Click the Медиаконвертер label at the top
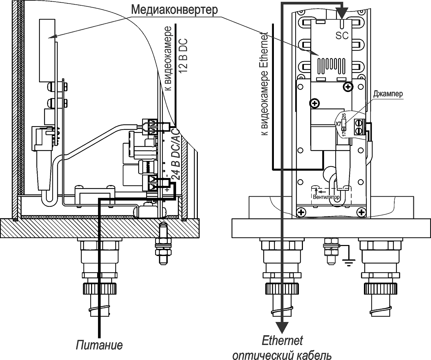(174, 9)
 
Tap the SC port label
(342, 36)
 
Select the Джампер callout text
(388, 94)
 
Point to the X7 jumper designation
(338, 124)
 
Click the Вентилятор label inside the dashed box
(327, 197)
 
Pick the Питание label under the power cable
(99, 345)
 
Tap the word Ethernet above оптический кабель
(282, 341)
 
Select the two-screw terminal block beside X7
(359, 127)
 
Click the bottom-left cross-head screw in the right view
(302, 212)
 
